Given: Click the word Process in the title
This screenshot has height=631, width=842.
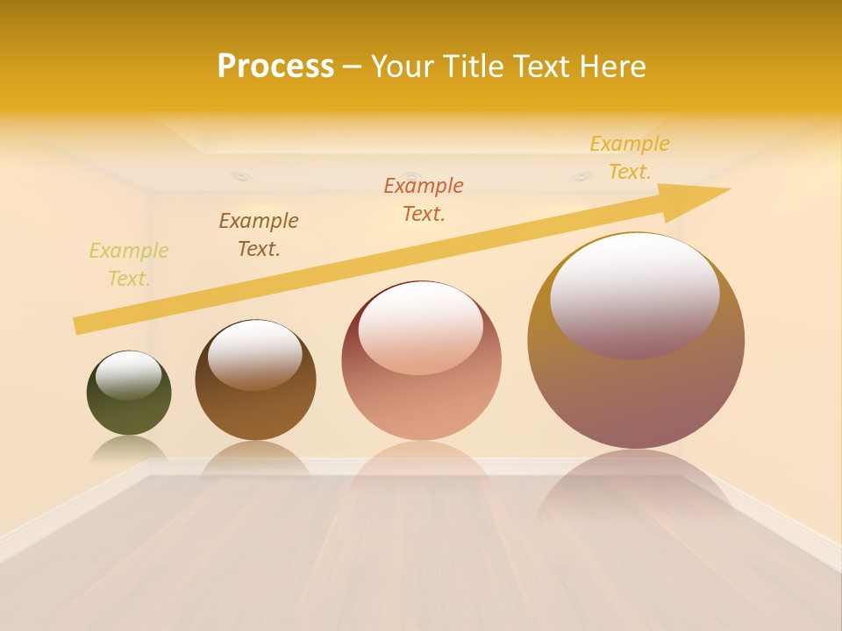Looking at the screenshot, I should point(275,67).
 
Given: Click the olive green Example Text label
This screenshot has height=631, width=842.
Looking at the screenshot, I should point(128,265).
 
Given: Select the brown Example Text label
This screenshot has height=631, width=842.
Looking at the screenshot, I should point(259,235).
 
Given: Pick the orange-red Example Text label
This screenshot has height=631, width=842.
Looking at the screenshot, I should point(424,200).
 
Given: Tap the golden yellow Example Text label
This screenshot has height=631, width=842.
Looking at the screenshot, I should point(629,158).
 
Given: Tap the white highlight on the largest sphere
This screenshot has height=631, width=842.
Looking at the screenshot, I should point(635,294).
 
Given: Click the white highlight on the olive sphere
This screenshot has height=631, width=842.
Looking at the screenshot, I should point(128,374).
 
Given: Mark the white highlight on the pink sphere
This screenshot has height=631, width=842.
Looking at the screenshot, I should point(420,327).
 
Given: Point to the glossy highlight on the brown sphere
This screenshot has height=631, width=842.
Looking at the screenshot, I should point(255,352).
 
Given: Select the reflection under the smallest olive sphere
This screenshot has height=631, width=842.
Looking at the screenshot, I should point(129,449).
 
